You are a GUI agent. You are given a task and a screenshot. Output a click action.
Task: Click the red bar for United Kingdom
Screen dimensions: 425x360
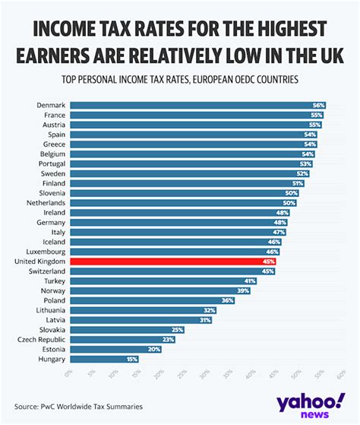pos(173,261)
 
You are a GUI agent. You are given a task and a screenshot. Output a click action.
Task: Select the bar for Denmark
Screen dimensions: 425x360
pos(197,105)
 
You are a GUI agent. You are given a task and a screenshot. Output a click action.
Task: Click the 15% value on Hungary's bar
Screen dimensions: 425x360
pos(132,359)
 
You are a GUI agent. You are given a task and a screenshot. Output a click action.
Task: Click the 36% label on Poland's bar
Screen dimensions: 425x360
pos(227,300)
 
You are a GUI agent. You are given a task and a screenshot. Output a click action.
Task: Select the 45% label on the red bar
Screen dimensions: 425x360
pos(268,261)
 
